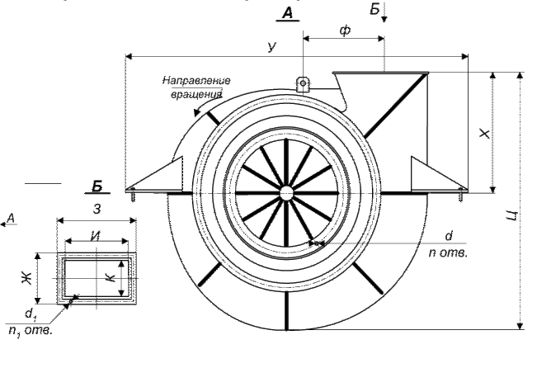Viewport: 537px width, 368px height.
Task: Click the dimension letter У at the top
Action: tap(272, 49)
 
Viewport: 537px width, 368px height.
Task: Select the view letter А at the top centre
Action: tap(287, 12)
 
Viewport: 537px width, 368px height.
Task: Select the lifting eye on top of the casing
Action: tap(303, 83)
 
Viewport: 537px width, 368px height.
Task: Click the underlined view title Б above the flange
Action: tap(97, 184)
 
